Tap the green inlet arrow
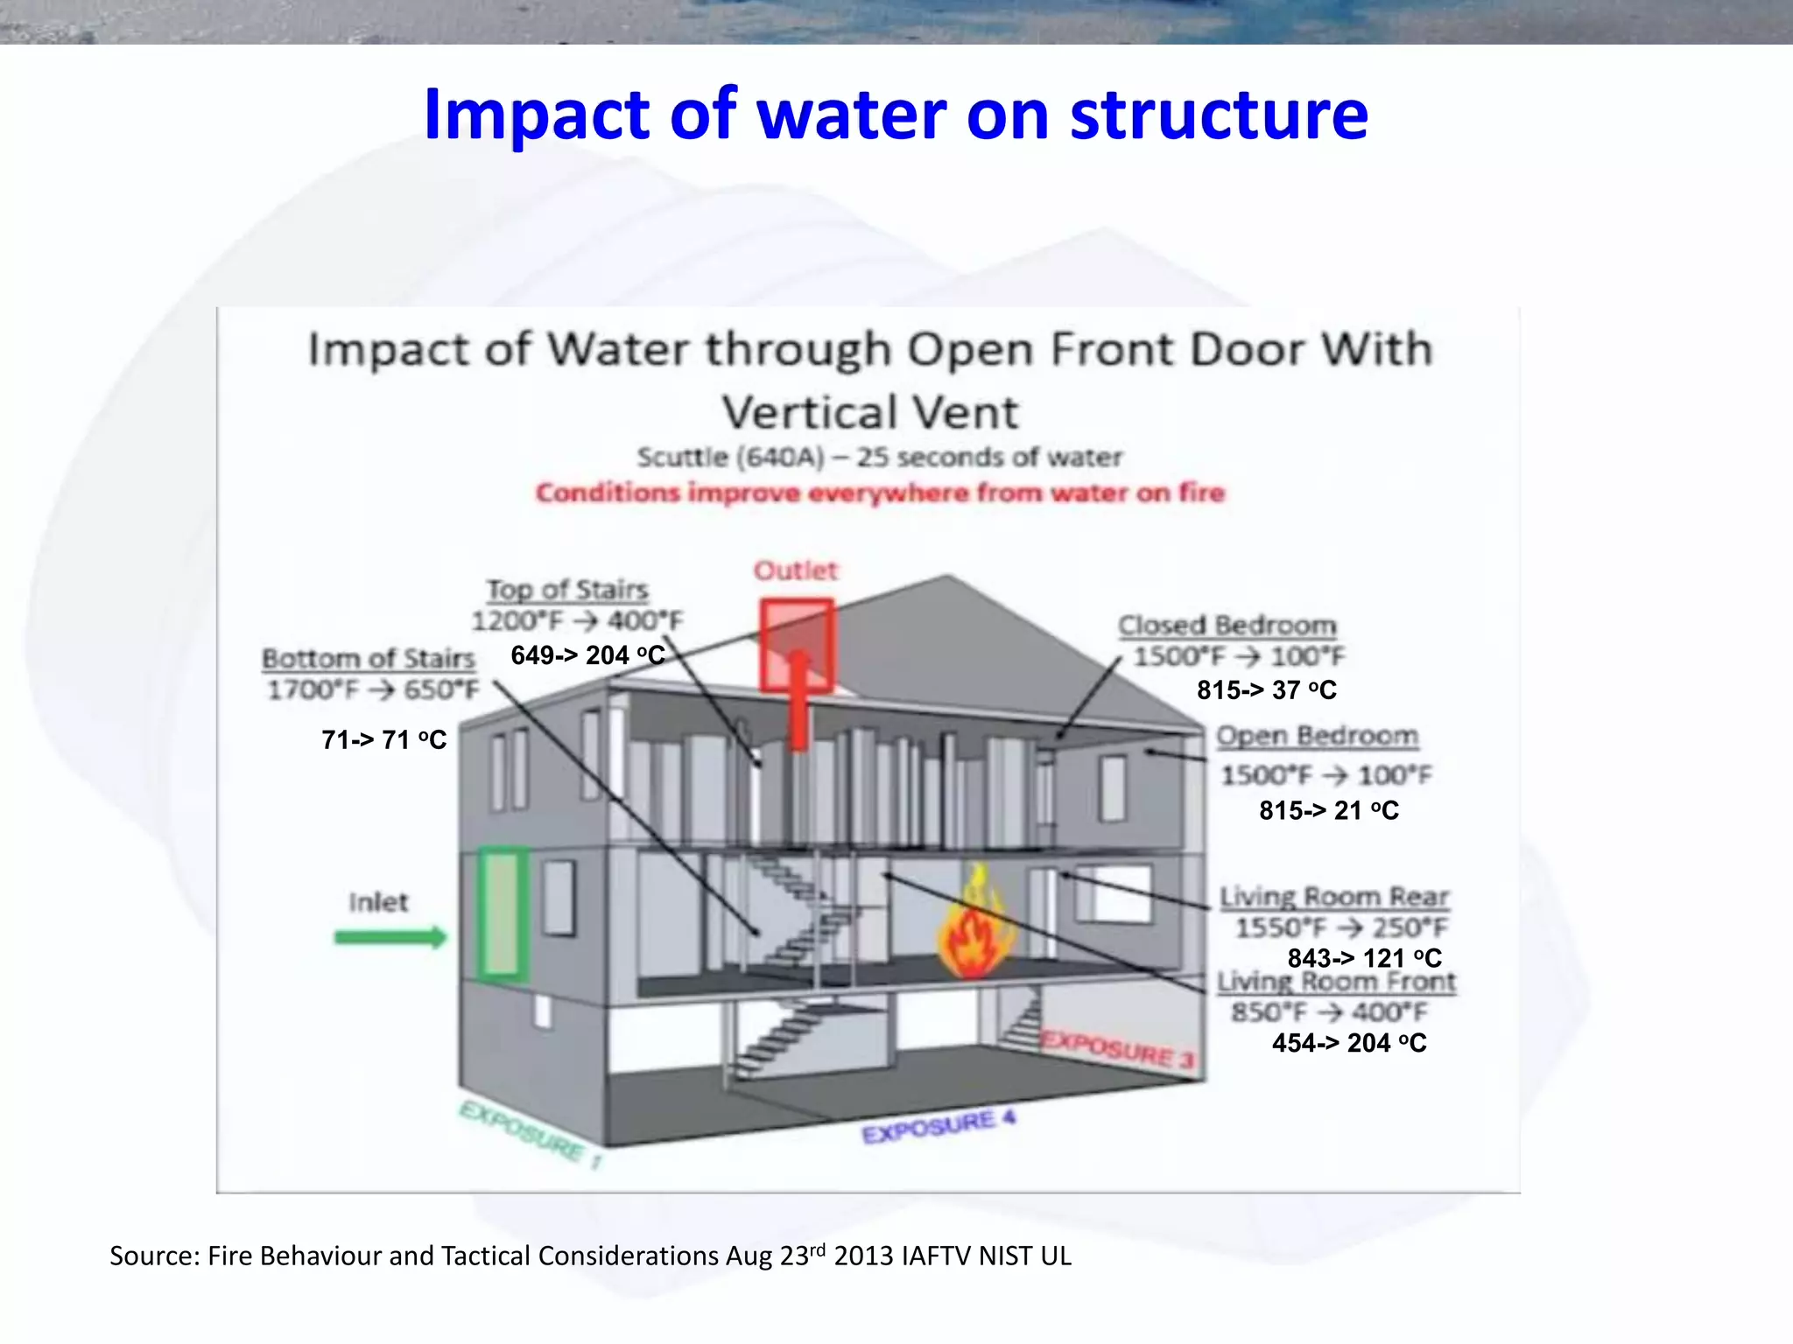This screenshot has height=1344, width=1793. click(390, 938)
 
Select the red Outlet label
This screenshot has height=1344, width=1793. click(796, 570)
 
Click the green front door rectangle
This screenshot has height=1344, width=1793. click(503, 913)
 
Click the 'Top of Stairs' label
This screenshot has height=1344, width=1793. click(567, 589)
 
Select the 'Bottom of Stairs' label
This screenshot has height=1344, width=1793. click(369, 658)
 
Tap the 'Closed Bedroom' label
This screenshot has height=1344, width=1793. click(1227, 626)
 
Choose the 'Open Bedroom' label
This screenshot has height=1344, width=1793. click(1317, 736)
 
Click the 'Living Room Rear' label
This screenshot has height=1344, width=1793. click(1334, 897)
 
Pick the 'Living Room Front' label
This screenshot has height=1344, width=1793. click(1336, 982)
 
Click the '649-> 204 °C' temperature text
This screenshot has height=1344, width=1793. click(587, 655)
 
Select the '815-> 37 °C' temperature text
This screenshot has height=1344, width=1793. click(1266, 690)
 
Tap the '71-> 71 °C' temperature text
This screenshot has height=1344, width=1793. click(383, 740)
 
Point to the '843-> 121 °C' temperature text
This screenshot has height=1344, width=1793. click(1364, 958)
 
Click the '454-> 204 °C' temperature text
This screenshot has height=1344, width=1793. click(1349, 1043)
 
